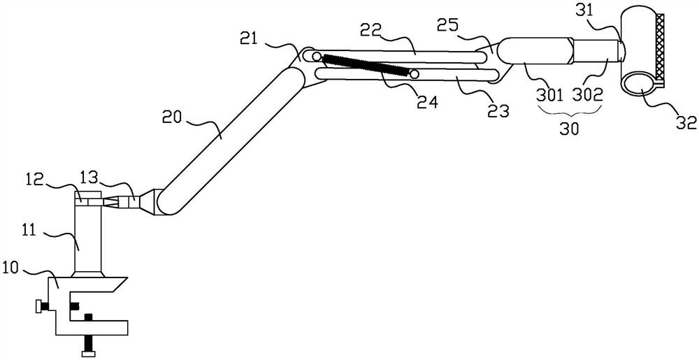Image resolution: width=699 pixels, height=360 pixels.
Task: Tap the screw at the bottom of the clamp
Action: click(89, 344)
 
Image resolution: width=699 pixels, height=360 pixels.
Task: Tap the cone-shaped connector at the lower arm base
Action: click(146, 201)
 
